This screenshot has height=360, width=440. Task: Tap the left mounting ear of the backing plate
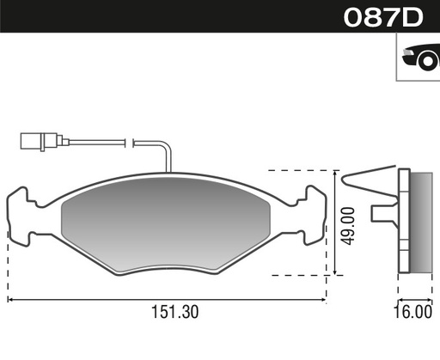(19, 215)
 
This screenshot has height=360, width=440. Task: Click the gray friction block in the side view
(420, 222)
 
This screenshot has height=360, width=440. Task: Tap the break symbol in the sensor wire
(129, 141)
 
